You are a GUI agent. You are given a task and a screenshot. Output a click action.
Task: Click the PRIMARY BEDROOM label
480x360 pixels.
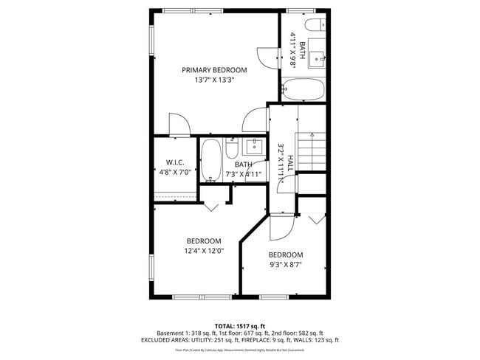pos(215,70)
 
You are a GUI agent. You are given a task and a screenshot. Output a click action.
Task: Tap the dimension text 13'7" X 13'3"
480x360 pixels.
pos(215,80)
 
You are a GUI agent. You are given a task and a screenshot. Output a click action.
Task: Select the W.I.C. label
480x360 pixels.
pos(175,162)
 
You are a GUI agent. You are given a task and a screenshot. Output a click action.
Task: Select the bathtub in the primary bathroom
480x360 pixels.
pos(303,91)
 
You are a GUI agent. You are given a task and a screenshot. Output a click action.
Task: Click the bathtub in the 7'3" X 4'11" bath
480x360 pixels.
pos(211,160)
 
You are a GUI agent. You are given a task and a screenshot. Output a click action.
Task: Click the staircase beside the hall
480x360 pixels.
pos(311,150)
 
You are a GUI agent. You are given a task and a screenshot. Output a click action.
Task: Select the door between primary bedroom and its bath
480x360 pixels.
pos(265,55)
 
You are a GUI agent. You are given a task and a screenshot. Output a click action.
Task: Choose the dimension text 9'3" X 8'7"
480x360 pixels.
pos(286,264)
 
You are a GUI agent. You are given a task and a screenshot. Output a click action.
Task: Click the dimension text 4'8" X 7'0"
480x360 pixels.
pos(175,172)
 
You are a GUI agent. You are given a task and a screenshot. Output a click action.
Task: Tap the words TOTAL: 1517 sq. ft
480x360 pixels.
pos(239,325)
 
